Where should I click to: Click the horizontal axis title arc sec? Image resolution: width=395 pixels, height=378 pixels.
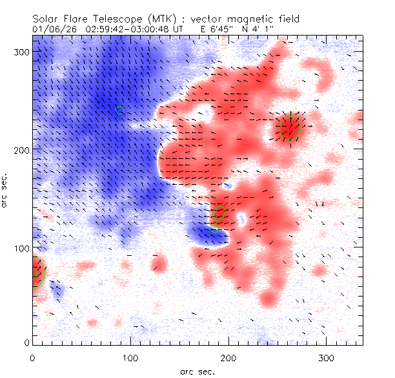(197, 371)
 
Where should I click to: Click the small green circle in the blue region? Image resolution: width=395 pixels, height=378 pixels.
(119, 110)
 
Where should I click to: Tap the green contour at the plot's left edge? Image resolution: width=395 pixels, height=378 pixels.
(37, 273)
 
